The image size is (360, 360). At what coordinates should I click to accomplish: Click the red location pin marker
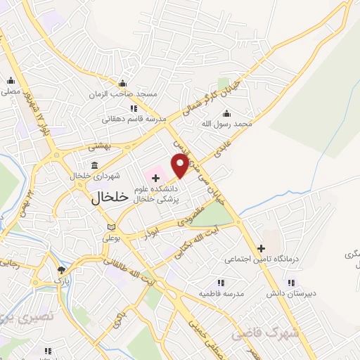[180, 165]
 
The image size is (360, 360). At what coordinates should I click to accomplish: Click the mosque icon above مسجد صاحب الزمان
[122, 82]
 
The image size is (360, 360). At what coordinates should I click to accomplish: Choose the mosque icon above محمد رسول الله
[226, 113]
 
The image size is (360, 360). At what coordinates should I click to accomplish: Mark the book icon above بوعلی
[110, 227]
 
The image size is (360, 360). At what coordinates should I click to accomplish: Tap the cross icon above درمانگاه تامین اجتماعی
[262, 248]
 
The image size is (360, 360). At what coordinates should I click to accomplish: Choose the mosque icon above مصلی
[11, 80]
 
